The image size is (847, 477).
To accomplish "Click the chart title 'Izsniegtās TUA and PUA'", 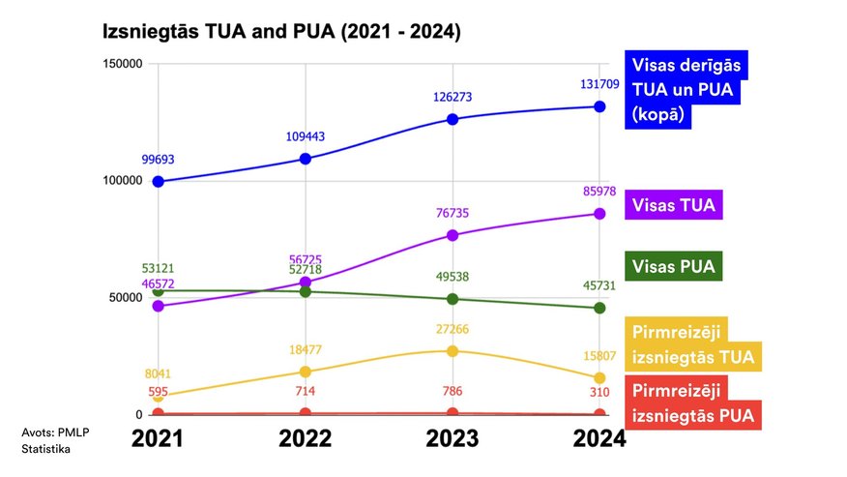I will [281, 32].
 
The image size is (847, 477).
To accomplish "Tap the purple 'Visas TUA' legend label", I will [677, 204].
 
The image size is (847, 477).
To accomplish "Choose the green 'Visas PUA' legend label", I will [677, 266].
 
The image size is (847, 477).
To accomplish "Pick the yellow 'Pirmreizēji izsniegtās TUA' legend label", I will [692, 344].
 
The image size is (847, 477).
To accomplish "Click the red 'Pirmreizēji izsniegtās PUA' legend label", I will [692, 404].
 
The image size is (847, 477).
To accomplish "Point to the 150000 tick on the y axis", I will [123, 64].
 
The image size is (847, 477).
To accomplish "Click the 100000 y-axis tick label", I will [123, 181].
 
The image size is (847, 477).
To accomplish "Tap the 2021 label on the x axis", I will [157, 438].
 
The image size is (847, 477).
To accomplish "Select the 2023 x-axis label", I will [453, 438].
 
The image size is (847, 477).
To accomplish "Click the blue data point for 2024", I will [599, 106].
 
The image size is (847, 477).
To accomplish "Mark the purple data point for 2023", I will [453, 235].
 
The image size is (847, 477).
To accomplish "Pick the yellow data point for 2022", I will [306, 372].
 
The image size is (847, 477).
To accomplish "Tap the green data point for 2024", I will [599, 308].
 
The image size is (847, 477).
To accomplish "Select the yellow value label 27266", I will [453, 329].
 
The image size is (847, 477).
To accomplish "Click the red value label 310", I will [599, 392].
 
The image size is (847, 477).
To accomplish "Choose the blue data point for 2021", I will [158, 181].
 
